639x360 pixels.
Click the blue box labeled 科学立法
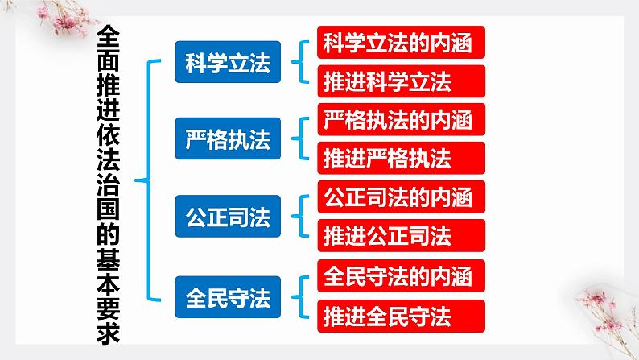pos(228,62)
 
